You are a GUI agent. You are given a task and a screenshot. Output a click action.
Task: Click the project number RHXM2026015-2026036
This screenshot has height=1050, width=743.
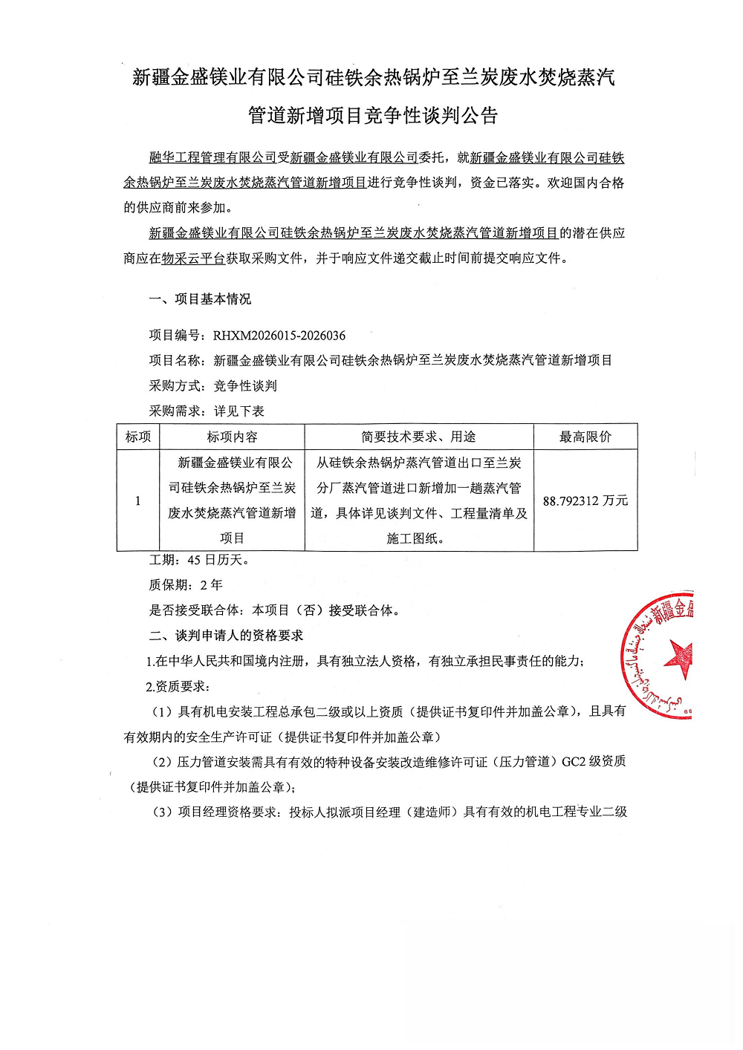coord(279,336)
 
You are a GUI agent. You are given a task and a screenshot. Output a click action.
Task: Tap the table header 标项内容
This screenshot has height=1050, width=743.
coord(232,437)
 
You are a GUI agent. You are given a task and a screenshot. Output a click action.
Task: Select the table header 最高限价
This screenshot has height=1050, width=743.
coord(585,437)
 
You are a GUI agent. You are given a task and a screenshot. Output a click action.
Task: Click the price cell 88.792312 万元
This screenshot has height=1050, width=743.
coord(585,501)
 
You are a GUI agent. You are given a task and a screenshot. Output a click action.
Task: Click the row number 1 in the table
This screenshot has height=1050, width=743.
coord(137,501)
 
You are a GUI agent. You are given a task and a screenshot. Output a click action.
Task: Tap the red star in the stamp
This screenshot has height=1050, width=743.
coord(680,658)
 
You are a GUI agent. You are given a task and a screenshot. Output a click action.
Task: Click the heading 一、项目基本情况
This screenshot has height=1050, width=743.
coord(200,299)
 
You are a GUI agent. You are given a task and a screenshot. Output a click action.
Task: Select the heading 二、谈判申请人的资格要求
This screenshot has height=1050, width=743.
coord(226,636)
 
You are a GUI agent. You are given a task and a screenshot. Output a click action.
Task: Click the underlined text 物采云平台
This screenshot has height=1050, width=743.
coord(193,258)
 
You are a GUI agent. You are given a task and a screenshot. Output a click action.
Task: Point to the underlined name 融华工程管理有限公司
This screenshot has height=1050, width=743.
coord(212,157)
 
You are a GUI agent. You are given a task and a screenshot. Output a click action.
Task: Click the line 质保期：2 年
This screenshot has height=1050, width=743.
coord(186,585)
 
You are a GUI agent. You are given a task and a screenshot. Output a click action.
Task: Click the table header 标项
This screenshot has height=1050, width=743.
coord(137,437)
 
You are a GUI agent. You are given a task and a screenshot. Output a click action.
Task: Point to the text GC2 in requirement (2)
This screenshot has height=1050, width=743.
coord(574,761)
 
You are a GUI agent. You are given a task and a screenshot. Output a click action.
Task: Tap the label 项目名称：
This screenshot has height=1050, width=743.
coord(178,361)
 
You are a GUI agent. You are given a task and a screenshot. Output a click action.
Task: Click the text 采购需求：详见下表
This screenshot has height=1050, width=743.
coord(207,411)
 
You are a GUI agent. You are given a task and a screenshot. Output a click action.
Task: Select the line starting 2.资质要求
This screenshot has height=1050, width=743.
coord(178,686)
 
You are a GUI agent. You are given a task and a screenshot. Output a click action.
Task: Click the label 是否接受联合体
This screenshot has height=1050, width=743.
coord(194,610)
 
